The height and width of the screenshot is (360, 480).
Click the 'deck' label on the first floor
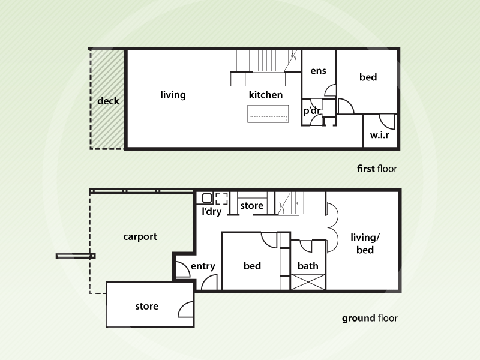(x=108, y=101)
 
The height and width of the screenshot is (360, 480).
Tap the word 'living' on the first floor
(x=173, y=95)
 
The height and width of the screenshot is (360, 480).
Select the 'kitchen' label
(x=266, y=95)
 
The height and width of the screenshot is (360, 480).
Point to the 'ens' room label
(x=318, y=71)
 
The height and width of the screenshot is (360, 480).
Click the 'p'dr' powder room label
(x=311, y=111)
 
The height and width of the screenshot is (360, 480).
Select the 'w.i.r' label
(x=379, y=136)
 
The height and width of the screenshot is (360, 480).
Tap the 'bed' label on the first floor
(x=368, y=77)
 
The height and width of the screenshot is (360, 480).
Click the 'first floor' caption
(x=377, y=169)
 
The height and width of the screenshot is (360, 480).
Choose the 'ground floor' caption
(x=370, y=319)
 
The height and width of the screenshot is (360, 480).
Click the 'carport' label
(x=140, y=236)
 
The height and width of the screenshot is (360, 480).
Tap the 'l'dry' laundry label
(x=211, y=211)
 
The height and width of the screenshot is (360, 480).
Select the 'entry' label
(x=203, y=266)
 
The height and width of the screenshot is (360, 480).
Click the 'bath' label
(x=308, y=266)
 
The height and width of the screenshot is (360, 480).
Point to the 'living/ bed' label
(x=365, y=243)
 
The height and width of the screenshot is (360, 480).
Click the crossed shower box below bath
(x=308, y=282)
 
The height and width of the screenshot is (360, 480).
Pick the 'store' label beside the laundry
(x=251, y=206)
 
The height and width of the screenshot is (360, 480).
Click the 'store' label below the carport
(x=146, y=306)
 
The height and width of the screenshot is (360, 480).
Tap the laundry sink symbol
(x=207, y=197)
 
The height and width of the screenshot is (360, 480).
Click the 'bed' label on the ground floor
(x=252, y=266)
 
